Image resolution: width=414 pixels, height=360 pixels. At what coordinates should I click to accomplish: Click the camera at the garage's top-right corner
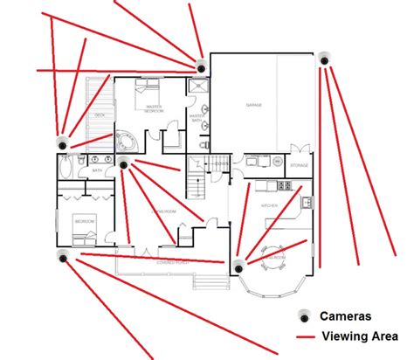coord(323,59)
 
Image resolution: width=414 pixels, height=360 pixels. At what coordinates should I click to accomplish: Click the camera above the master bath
coord(200,65)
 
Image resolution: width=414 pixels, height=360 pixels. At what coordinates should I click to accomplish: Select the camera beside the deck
coord(62,142)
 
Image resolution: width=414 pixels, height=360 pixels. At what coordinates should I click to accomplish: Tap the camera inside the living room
coord(123,163)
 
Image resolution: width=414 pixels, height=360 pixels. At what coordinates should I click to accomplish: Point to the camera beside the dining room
coord(237,266)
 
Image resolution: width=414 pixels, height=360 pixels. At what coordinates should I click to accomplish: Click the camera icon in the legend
coord(305,315)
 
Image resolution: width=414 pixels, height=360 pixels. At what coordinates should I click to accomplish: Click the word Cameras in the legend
coord(346,316)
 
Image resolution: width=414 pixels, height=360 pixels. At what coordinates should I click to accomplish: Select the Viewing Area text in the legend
coord(356,337)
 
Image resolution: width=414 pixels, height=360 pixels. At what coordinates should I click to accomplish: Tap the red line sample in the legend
coord(305,337)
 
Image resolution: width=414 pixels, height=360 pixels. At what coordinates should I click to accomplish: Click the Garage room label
coord(254,105)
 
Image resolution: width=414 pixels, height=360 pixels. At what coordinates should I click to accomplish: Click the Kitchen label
coord(270,205)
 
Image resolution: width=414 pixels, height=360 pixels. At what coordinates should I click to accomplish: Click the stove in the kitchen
coord(284,185)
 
